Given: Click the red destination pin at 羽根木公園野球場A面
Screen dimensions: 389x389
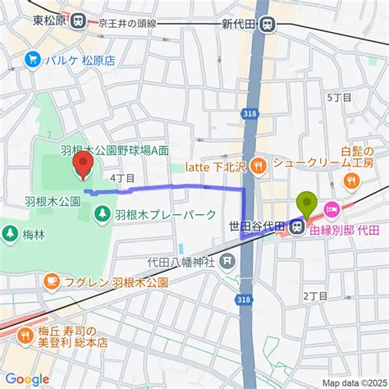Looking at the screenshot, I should click(x=83, y=167).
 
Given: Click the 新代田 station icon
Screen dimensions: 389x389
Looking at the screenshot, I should click(x=268, y=25).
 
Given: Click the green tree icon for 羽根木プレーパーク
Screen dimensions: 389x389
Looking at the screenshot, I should click(x=103, y=214).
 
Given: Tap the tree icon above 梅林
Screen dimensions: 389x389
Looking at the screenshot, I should click(x=9, y=233).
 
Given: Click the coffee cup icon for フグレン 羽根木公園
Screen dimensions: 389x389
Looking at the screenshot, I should click(x=51, y=281).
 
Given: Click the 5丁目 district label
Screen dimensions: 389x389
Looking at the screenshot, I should click(x=338, y=97).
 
